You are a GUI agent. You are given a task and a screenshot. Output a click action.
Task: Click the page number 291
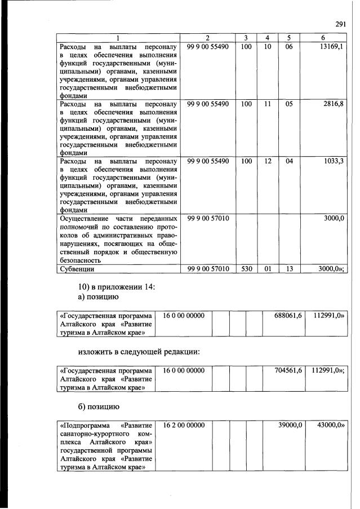[x=340, y=24]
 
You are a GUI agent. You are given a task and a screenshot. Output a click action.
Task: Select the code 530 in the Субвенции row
[x=246, y=269]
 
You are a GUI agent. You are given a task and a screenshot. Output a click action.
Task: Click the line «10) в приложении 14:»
[x=117, y=286]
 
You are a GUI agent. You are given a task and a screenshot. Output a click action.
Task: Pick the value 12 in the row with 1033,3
[x=268, y=161]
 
